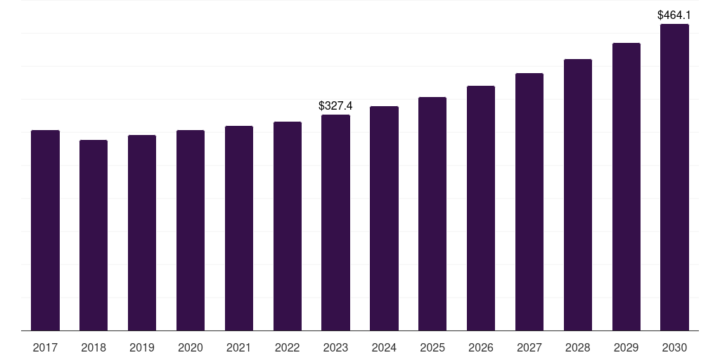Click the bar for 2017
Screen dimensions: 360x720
point(45,230)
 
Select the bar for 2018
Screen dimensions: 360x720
point(94,235)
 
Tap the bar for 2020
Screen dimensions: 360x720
point(191,230)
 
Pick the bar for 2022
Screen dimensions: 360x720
point(288,226)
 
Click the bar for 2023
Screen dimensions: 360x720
point(335,222)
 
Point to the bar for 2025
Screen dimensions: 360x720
point(432,214)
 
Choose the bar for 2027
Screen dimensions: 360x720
point(529,202)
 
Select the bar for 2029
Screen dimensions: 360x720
point(626,186)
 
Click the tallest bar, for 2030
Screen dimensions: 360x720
point(674,177)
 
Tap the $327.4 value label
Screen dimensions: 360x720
point(335,105)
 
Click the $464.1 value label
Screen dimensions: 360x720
point(674,14)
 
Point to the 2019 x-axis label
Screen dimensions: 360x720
point(142,347)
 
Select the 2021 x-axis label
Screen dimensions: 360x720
point(239,347)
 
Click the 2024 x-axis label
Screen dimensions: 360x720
point(384,347)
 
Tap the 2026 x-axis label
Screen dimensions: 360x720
point(481,347)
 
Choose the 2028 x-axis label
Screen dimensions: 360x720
point(578,347)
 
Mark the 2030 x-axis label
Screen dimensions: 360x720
point(674,347)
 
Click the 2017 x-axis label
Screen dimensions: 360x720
point(45,347)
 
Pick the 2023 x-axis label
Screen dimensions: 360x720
point(335,347)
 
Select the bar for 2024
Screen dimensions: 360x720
point(384,218)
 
